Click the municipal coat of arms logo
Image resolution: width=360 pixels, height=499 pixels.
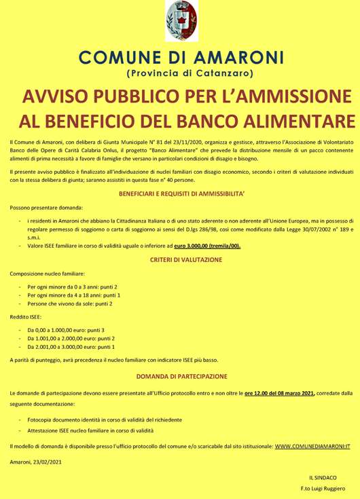pyautogui.click(x=181, y=21)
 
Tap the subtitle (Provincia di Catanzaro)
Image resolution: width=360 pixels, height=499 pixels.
pyautogui.click(x=181, y=72)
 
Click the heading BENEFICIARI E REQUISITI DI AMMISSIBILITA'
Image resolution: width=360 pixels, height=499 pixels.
pyautogui.click(x=181, y=193)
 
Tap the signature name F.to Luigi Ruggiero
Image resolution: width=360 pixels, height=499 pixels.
pyautogui.click(x=323, y=489)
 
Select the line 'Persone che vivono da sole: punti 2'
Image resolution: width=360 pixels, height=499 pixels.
pyautogui.click(x=70, y=303)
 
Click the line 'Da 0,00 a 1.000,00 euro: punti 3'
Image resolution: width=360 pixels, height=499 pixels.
pyautogui.click(x=66, y=329)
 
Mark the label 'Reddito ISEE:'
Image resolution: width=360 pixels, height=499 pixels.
pyautogui.click(x=26, y=316)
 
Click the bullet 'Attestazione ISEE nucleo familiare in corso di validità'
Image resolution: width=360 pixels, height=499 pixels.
pyautogui.click(x=90, y=430)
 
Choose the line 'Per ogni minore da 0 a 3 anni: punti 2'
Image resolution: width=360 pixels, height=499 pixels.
pyautogui.click(x=73, y=287)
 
